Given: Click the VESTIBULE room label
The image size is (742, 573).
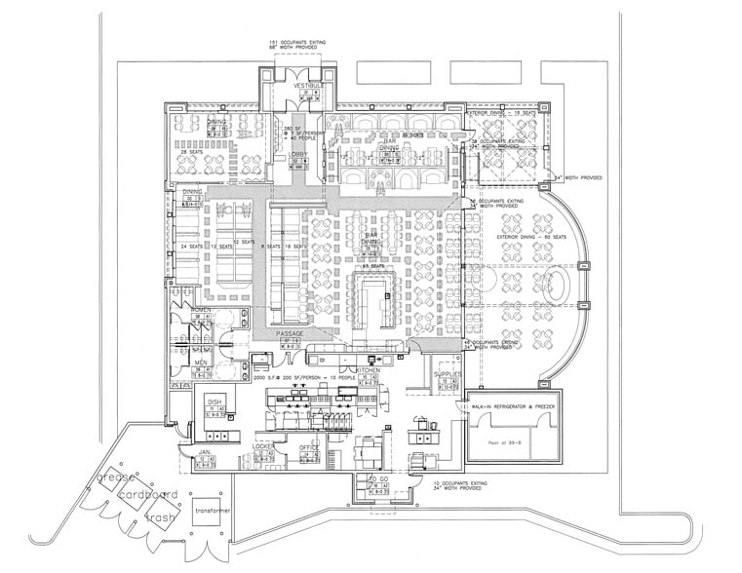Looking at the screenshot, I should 297,86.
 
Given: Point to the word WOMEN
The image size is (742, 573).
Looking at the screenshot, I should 202,310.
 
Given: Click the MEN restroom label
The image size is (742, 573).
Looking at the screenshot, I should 201,363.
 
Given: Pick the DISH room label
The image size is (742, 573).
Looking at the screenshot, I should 215,401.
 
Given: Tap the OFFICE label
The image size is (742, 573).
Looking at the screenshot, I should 309,446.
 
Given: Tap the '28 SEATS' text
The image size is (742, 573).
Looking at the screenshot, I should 192,152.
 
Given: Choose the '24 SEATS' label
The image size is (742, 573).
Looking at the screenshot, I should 190,246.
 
